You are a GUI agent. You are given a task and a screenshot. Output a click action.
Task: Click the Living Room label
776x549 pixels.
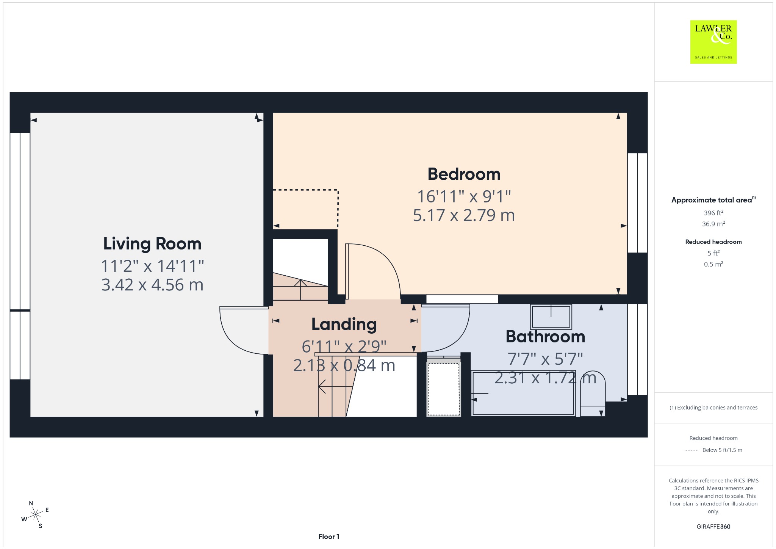(x=152, y=244)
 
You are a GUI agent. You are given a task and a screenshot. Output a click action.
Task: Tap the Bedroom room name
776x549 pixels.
(x=464, y=174)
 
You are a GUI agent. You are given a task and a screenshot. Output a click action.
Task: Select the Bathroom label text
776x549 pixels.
(x=545, y=336)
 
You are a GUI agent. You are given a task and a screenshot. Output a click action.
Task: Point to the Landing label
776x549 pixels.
(x=344, y=325)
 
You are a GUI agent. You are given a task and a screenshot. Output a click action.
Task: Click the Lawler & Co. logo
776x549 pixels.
(x=713, y=42)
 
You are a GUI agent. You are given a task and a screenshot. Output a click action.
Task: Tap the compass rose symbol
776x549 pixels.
(x=35, y=514)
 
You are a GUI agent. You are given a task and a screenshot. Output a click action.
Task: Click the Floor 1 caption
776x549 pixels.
(x=329, y=536)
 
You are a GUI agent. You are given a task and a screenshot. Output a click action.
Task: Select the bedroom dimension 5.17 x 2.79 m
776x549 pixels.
(x=464, y=215)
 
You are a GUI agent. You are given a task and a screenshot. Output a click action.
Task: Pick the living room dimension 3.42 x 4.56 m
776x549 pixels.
(x=152, y=285)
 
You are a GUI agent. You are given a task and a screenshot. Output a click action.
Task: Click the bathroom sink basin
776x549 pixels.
(x=551, y=317)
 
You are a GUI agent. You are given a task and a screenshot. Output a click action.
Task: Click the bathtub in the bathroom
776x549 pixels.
(x=523, y=394)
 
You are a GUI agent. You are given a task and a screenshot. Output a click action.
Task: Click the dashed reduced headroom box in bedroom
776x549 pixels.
(x=338, y=209)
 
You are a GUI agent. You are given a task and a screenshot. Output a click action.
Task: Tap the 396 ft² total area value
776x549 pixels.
(x=713, y=213)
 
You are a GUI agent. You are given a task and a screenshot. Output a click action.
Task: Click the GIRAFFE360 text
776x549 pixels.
(x=713, y=526)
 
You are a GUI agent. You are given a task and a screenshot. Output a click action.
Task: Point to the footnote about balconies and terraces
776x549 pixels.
(x=713, y=408)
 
